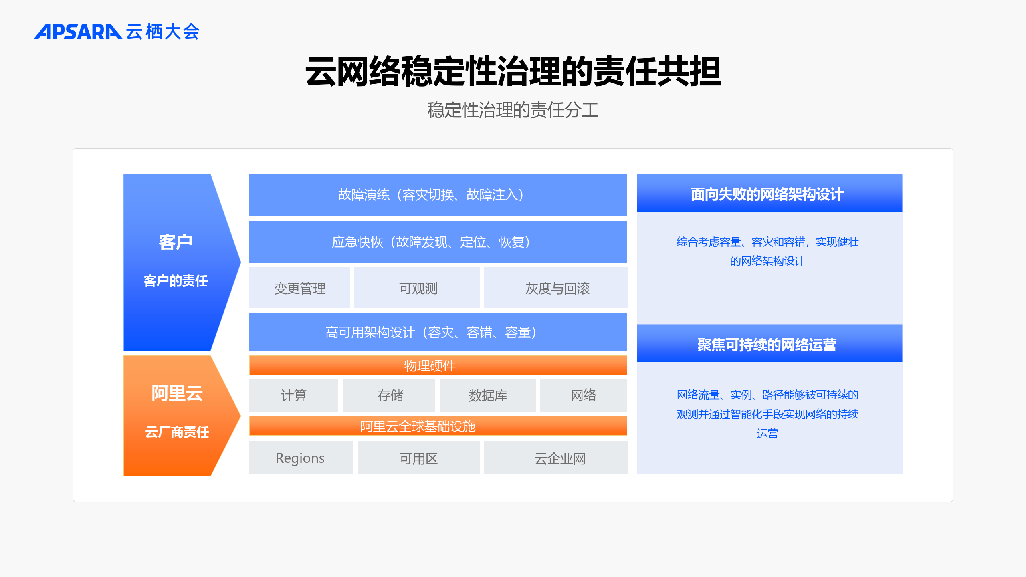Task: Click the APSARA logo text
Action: tap(78, 32)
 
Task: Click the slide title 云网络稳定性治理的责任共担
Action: tap(513, 71)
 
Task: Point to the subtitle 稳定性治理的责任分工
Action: tap(513, 110)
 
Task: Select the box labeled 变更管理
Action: tap(299, 288)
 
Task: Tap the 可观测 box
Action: tap(417, 288)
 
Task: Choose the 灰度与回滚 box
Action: tap(556, 288)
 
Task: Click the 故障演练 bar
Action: tap(438, 195)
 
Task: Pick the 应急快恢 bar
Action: tap(438, 242)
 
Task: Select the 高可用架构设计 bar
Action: tap(438, 332)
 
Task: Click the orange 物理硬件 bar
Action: tap(438, 365)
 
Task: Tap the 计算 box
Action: tap(294, 395)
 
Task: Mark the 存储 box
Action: tap(389, 395)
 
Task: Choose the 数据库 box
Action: tap(488, 395)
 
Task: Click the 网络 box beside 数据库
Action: tap(584, 395)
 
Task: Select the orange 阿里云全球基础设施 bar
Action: tap(438, 426)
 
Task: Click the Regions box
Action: tap(301, 457)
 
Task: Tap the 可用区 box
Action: tap(419, 457)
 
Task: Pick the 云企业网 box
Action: tap(556, 457)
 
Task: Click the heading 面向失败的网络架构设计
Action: tap(767, 194)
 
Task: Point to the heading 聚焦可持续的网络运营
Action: tap(767, 345)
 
